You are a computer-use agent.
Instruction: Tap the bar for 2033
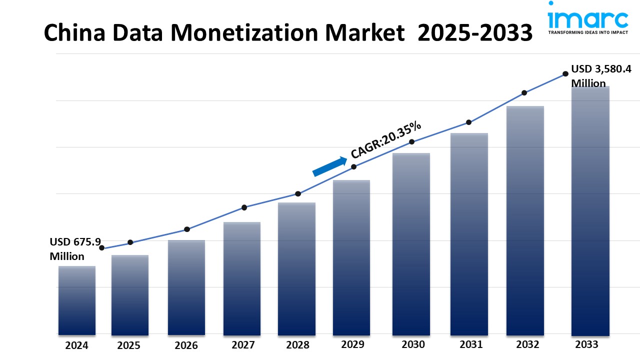click(590, 210)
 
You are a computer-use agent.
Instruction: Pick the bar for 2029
click(351, 257)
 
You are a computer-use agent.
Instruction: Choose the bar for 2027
click(242, 278)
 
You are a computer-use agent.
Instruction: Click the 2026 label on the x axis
click(186, 345)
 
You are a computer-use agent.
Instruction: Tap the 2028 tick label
click(297, 345)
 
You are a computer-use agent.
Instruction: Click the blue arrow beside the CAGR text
click(330, 166)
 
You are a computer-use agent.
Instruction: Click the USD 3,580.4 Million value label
click(601, 76)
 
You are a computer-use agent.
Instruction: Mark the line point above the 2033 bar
click(565, 73)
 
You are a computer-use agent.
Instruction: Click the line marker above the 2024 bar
click(102, 247)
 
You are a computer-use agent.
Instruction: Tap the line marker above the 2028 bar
click(298, 193)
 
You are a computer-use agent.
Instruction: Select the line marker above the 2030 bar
click(412, 142)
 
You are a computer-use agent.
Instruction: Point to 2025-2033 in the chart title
click(474, 33)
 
